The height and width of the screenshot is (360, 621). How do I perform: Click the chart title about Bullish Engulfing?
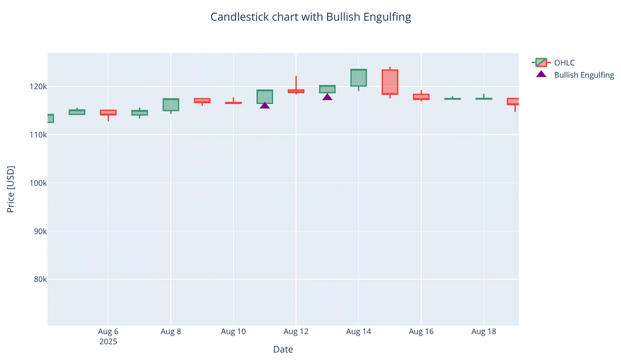tap(310, 17)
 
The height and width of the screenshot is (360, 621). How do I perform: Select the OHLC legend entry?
tap(564, 63)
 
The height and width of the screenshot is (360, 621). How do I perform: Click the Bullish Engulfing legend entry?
tap(583, 75)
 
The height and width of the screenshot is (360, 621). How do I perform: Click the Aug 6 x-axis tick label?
tap(108, 332)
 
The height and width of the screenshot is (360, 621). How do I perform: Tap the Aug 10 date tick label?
tap(233, 332)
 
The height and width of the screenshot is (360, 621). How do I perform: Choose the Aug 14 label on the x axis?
tap(359, 332)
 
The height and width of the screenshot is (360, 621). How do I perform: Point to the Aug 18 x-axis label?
tap(483, 332)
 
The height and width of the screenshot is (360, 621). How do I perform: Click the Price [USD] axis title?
tap(10, 189)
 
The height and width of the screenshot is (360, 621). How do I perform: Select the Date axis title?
tap(283, 350)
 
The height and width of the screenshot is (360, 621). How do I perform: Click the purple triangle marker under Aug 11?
tap(264, 105)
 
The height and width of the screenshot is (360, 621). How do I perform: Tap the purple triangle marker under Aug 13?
tap(327, 97)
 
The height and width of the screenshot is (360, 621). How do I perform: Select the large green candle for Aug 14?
tap(359, 78)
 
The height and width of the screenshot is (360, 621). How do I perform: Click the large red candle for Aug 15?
tap(390, 82)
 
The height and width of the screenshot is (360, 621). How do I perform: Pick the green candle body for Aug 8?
tap(171, 104)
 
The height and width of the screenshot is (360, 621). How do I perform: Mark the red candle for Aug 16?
tap(421, 97)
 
